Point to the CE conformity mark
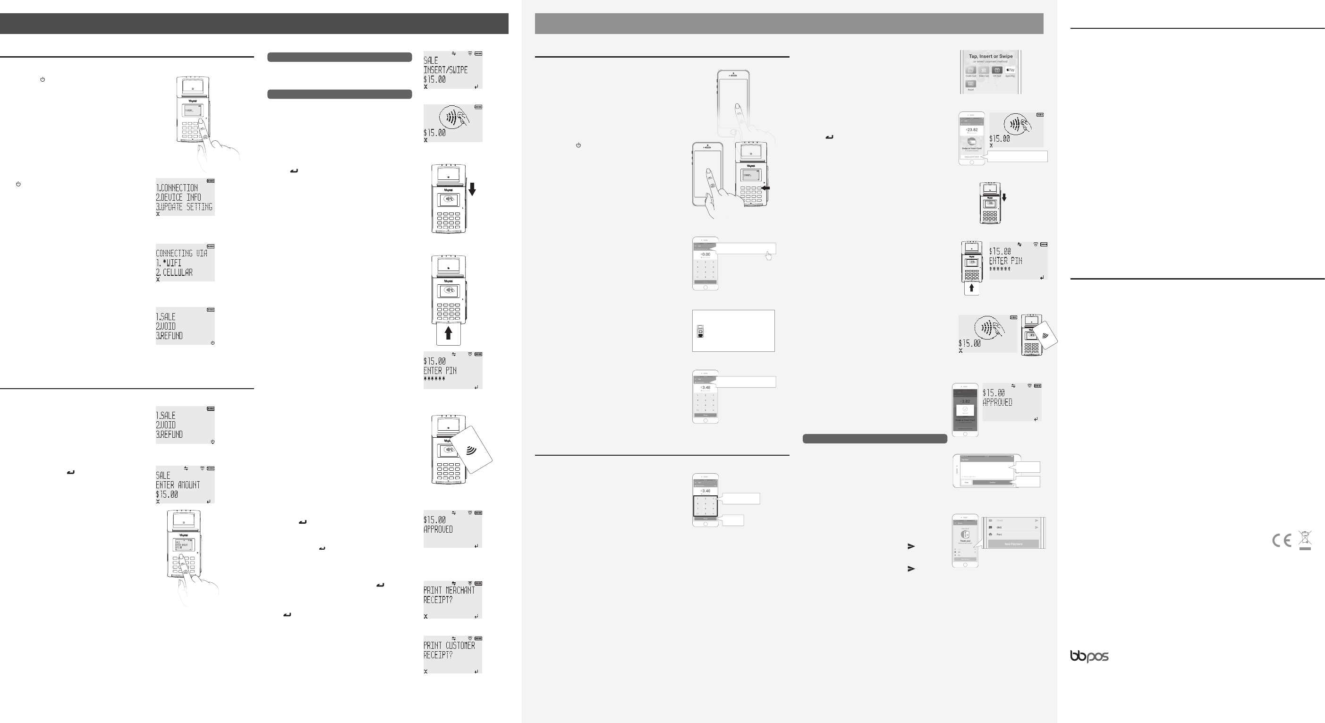1281,540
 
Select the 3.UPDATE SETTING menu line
184,207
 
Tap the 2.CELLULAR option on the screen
174,272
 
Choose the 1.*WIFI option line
169,263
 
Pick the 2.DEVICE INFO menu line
178,197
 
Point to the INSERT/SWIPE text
445,70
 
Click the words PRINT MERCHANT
449,590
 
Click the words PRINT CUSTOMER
449,646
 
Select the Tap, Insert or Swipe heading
991,57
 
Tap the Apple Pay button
1010,70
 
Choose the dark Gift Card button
997,70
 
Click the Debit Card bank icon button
984,70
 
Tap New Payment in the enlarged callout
1013,544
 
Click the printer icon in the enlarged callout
990,534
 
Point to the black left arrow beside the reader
766,188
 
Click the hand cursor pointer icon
768,255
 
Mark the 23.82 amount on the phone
972,130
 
